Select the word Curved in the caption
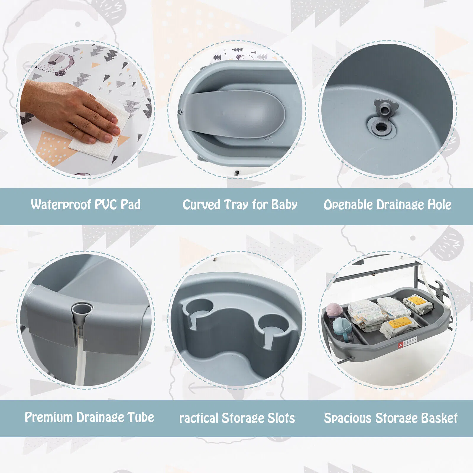tap(201, 205)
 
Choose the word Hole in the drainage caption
tap(439, 205)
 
